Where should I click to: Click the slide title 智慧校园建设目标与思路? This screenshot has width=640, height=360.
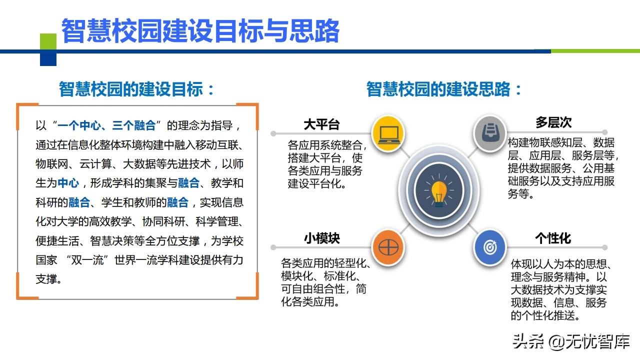point(200,31)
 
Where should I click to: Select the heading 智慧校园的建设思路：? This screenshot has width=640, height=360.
point(444,89)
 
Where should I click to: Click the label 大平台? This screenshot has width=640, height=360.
point(321,124)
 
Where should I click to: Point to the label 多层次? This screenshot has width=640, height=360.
point(553,122)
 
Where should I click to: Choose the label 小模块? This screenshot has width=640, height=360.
point(321,238)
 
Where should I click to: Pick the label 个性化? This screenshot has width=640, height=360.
point(553,238)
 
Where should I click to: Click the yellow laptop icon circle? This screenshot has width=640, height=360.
point(388,133)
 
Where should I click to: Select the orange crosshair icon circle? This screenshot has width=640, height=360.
point(388,247)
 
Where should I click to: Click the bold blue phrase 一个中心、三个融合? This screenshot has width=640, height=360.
point(106,125)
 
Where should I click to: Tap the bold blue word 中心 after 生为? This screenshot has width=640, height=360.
point(68,183)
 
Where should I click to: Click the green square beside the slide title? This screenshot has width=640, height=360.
point(48,41)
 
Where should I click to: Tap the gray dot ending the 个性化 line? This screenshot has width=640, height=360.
point(604,247)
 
